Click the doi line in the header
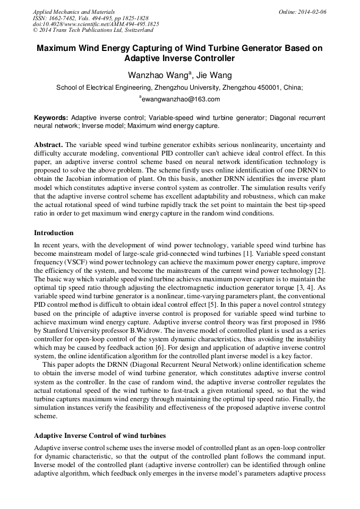coord(96,24)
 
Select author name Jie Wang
coord(214,75)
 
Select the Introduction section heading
coord(54,233)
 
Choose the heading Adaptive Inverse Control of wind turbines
coord(100,436)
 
